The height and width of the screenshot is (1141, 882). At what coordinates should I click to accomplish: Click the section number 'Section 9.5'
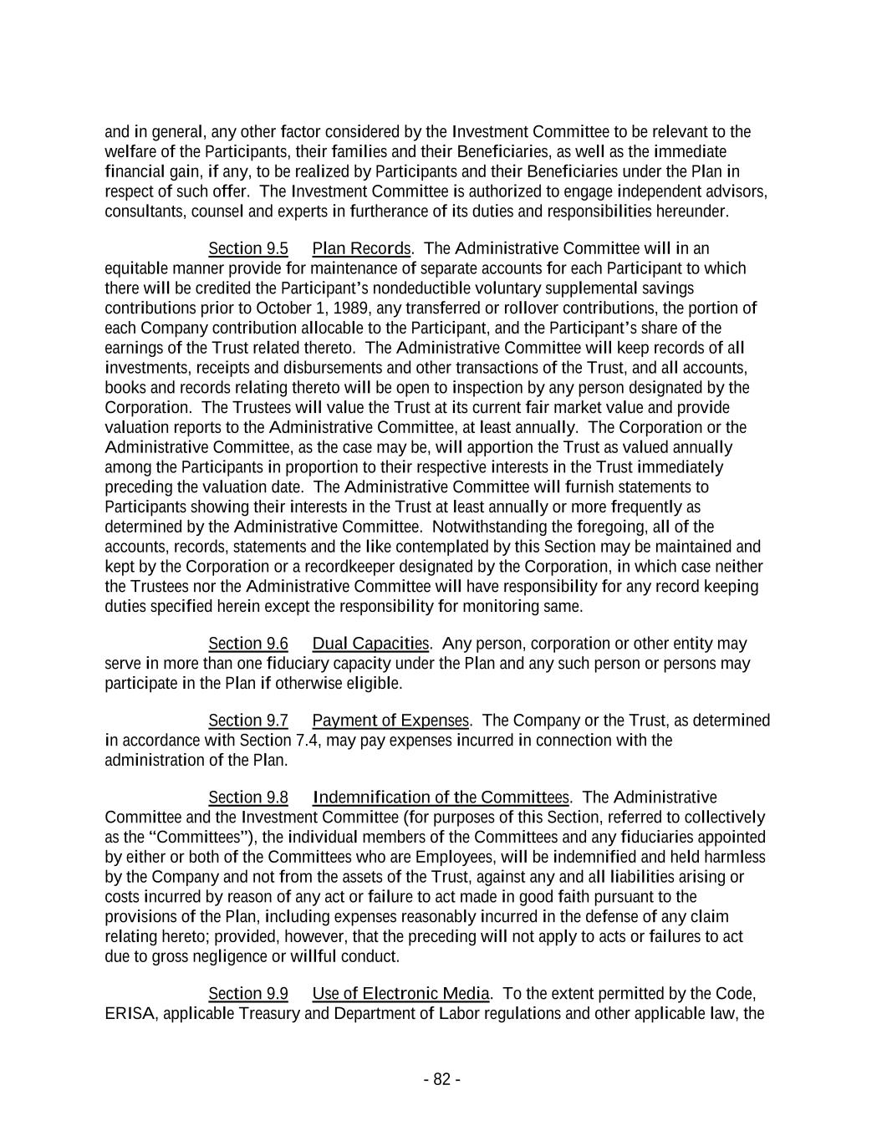pyautogui.click(x=247, y=248)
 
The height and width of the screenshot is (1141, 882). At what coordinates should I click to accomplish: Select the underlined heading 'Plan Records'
pyautogui.click(x=361, y=248)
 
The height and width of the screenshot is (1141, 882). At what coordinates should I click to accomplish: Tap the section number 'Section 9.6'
pyautogui.click(x=247, y=644)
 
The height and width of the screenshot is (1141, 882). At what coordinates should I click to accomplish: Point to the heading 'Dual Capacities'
pyautogui.click(x=370, y=644)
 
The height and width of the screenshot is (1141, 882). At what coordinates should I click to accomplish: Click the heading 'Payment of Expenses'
pyautogui.click(x=390, y=721)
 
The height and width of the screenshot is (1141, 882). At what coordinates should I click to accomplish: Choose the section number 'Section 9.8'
pyautogui.click(x=247, y=797)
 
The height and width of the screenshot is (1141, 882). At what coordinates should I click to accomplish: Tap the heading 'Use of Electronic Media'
pyautogui.click(x=400, y=994)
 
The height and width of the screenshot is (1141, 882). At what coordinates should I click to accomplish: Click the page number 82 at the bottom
pyautogui.click(x=441, y=1080)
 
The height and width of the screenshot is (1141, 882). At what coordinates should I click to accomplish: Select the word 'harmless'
pyautogui.click(x=735, y=858)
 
